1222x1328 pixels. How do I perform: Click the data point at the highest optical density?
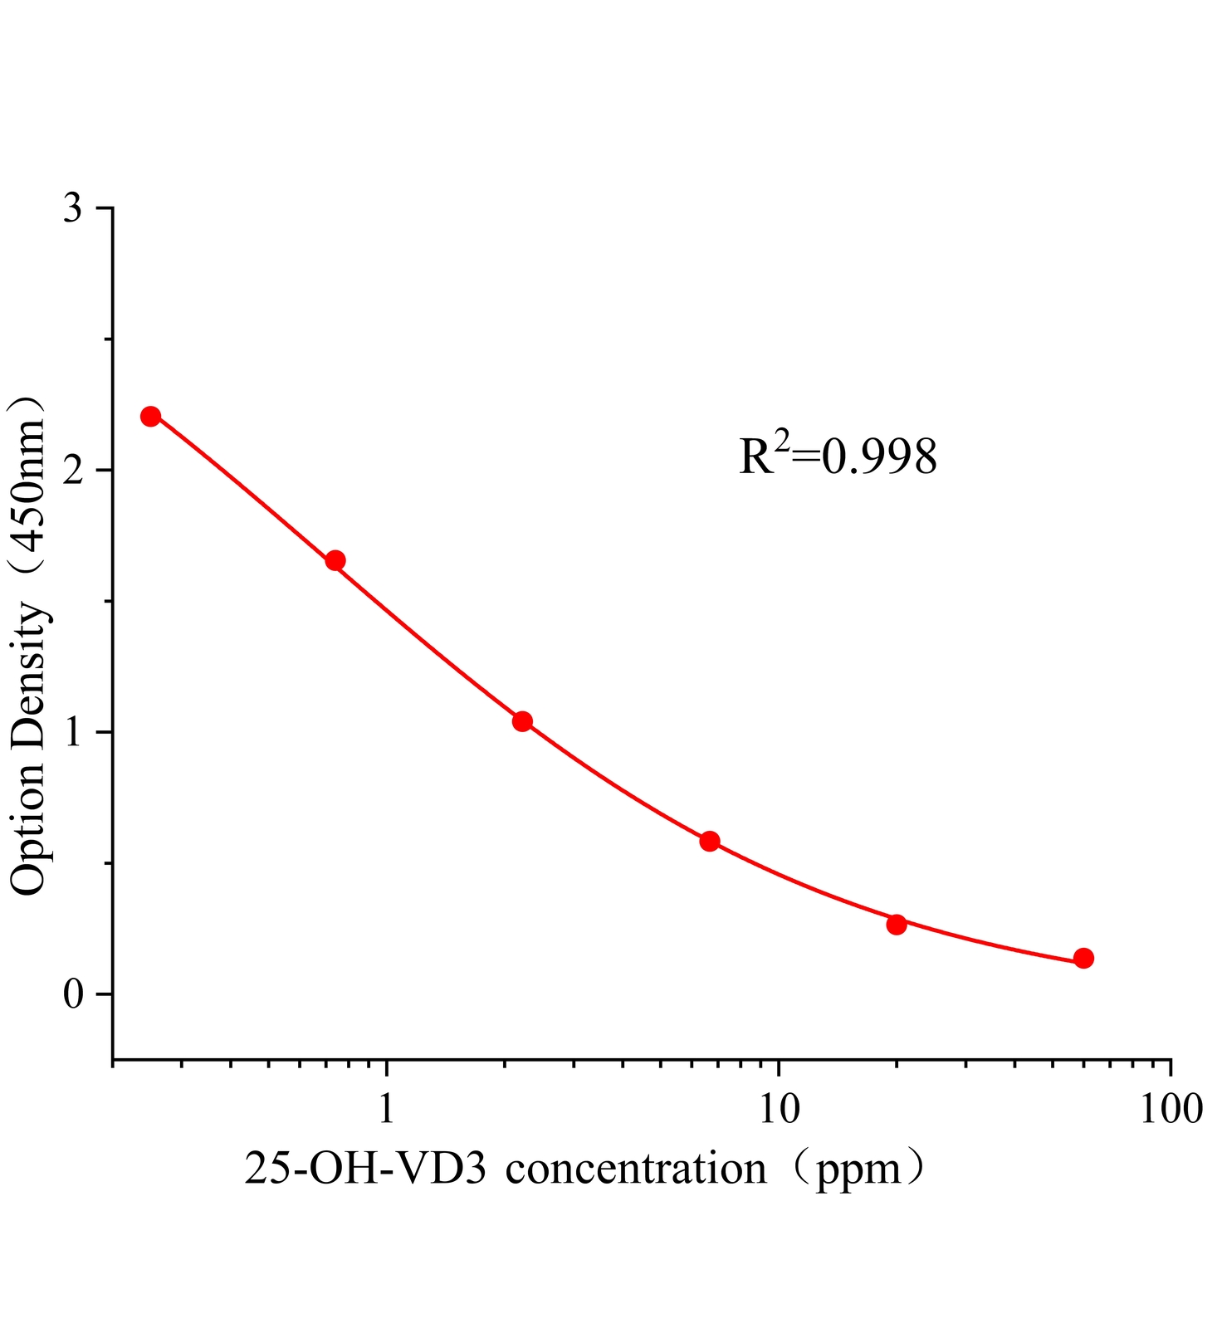[x=150, y=416]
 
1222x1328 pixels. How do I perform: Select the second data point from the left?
[x=335, y=560]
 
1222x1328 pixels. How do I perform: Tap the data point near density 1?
[x=522, y=721]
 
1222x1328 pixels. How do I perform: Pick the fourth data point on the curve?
[x=709, y=841]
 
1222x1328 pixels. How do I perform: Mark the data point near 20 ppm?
[x=897, y=924]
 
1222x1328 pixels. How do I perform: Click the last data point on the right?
[x=1083, y=958]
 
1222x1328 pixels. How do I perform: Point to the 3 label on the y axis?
[x=74, y=208]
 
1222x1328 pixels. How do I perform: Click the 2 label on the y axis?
[x=74, y=471]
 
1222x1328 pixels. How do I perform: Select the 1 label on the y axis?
[x=74, y=732]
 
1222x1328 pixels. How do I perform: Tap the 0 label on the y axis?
[x=74, y=994]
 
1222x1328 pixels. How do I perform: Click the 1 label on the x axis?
[x=386, y=1108]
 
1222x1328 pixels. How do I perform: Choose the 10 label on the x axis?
[x=778, y=1108]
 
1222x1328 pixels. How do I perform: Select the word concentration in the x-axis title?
[x=636, y=1169]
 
